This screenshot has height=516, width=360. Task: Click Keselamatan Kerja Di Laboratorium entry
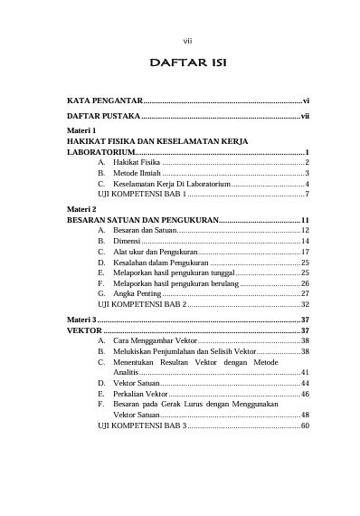pos(171,184)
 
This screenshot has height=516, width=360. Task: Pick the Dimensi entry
pos(126,242)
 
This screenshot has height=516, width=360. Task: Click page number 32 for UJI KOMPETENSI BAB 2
pos(306,305)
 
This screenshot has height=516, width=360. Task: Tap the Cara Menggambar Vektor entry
pos(155,341)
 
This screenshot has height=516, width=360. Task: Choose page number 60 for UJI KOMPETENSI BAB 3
pos(306,425)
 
